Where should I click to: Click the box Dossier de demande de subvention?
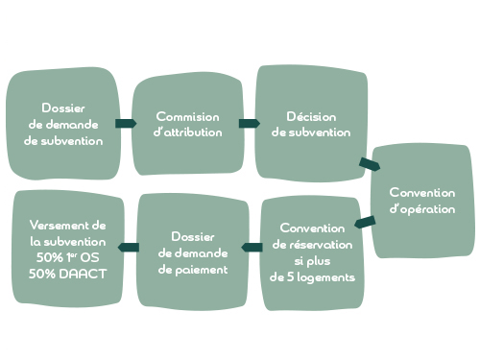[63, 123]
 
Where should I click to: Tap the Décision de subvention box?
[312, 122]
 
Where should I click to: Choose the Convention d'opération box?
[423, 200]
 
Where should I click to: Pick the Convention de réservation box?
[312, 252]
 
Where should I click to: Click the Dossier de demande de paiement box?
[193, 252]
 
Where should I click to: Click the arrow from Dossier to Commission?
[125, 123]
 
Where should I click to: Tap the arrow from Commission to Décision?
[249, 123]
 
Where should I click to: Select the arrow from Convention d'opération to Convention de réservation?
[365, 224]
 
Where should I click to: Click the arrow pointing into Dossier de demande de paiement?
[252, 249]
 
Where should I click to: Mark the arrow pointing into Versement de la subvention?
[128, 248]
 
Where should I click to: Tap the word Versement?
[67, 225]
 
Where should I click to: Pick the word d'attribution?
[188, 132]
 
